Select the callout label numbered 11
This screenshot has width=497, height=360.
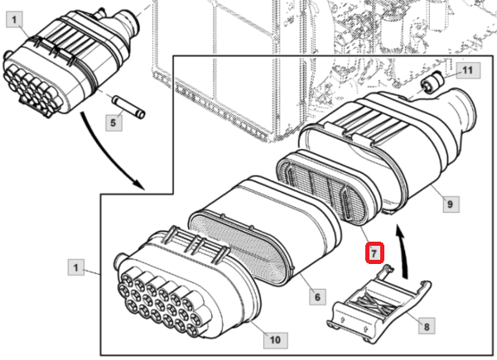click(x=466, y=72)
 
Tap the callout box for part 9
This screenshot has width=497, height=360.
click(x=449, y=201)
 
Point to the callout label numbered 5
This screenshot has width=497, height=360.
click(x=117, y=122)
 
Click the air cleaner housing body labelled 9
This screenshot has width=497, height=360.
click(x=389, y=149)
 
